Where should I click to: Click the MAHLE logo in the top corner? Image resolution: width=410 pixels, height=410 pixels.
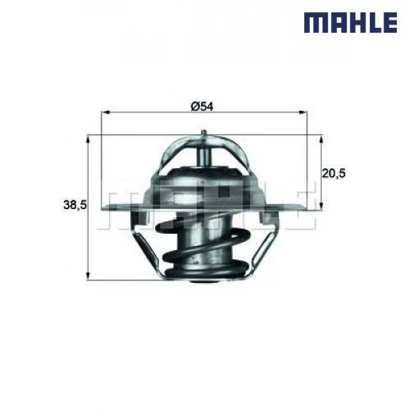[351, 22]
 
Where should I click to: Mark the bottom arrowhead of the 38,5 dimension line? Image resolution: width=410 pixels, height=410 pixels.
[88, 277]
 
